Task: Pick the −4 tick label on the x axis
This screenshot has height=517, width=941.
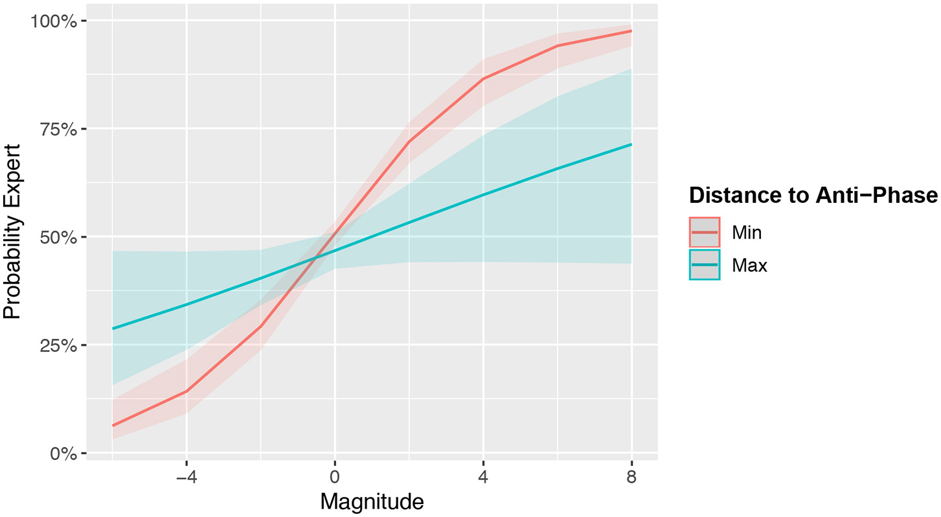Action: (186, 478)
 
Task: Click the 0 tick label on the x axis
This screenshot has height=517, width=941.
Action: (335, 478)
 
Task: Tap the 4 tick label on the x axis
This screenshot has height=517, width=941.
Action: (483, 478)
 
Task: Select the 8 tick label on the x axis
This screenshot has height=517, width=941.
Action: (631, 478)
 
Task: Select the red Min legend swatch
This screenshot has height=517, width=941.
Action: (705, 231)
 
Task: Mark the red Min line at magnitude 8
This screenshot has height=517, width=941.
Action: (631, 31)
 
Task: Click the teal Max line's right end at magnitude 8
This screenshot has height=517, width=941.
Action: (631, 144)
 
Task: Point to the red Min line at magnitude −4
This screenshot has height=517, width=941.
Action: (187, 391)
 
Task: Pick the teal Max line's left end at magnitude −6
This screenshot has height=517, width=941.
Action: (113, 328)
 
